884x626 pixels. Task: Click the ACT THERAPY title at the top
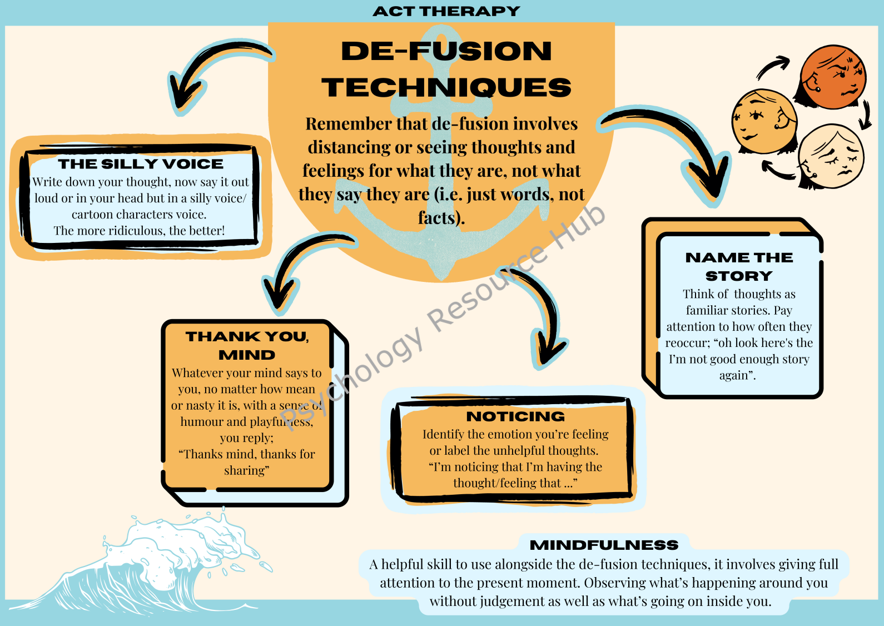[446, 11]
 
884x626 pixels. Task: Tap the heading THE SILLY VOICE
[141, 164]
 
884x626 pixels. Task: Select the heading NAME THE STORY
[739, 266]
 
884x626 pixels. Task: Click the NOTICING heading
[515, 416]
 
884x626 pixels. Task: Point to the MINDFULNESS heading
[604, 545]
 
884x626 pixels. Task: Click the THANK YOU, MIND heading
[247, 345]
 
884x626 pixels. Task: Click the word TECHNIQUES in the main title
[446, 87]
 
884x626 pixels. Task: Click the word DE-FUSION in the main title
[446, 51]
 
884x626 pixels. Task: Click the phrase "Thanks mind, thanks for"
[247, 454]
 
